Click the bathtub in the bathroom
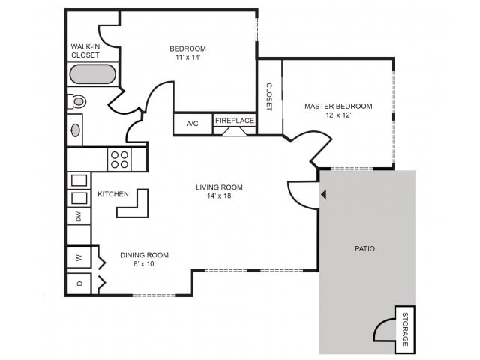(93, 74)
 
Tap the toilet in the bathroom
(78, 100)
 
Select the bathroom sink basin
(75, 130)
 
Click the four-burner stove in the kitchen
(120, 159)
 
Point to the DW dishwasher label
(78, 217)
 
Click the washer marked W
(79, 257)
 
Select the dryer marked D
(79, 283)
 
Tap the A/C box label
(191, 124)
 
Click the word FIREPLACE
(235, 120)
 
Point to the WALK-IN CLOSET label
(85, 50)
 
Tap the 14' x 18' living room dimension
(219, 196)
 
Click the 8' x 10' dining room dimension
(144, 264)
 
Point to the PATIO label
(364, 248)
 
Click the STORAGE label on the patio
(405, 329)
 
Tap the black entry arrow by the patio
(323, 194)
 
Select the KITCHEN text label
(113, 194)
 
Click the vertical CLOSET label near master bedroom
(269, 97)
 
